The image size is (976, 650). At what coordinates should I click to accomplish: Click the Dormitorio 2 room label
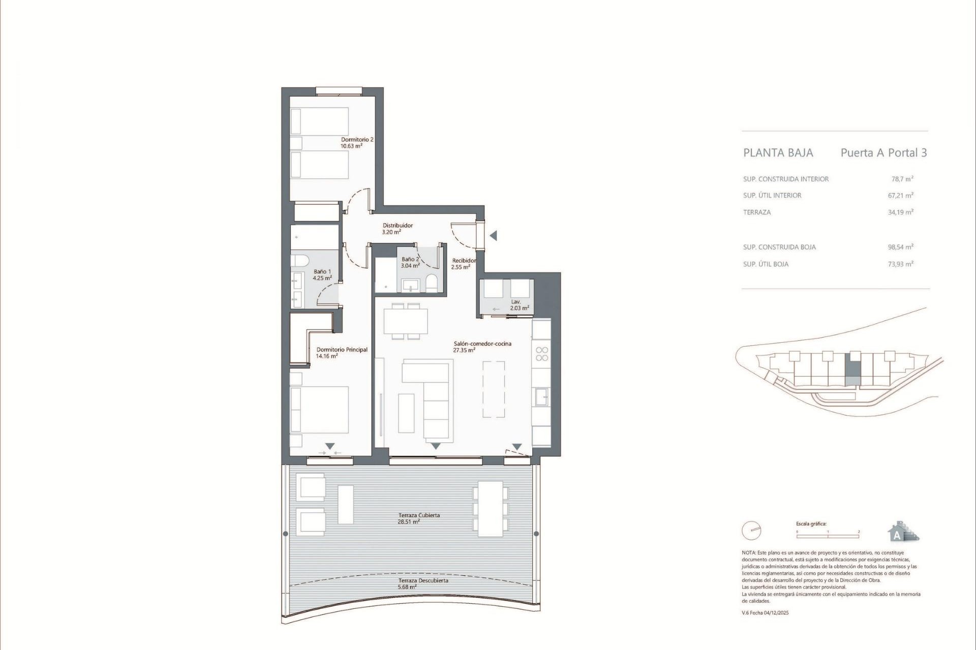tap(357, 143)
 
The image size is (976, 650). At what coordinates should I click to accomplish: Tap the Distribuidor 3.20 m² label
tap(397, 229)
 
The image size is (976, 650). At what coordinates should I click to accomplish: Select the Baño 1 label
tap(322, 275)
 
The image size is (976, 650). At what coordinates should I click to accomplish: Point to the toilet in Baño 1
tap(300, 261)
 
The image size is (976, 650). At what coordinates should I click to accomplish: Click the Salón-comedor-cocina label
tap(482, 347)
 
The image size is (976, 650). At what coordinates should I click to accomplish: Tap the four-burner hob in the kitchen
tap(542, 354)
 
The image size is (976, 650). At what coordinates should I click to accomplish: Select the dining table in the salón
tap(406, 321)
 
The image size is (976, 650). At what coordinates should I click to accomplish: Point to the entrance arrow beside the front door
tap(493, 236)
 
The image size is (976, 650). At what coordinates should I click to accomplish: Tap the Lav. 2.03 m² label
tap(519, 305)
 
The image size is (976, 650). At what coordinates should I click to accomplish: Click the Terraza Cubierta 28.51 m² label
tap(419, 518)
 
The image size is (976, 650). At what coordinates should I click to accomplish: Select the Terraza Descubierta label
tap(423, 583)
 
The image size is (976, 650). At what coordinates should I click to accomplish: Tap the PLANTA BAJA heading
tap(778, 153)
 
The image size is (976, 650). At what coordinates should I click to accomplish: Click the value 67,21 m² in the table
tap(900, 196)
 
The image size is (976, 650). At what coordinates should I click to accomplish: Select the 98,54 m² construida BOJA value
tap(900, 247)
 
